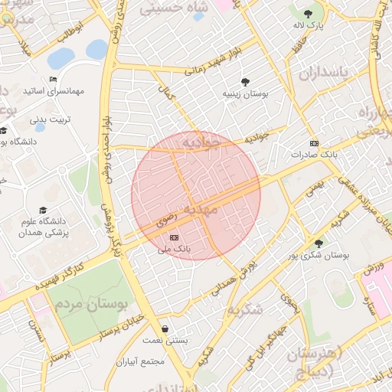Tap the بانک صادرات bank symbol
313,143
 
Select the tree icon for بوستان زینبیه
245,81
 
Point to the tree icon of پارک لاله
308,14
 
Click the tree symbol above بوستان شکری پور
319,243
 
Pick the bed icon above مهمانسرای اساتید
53,80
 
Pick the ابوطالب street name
70,32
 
